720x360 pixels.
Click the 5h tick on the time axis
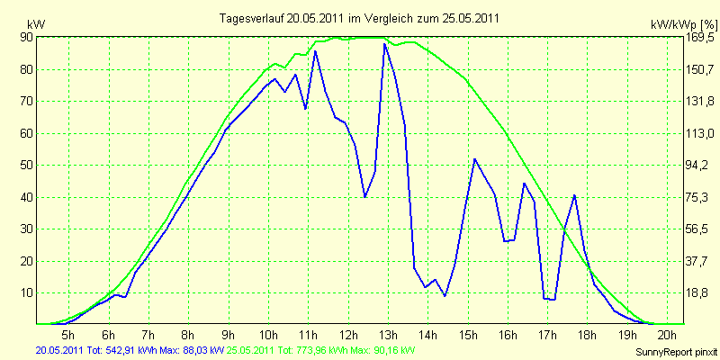[x=69, y=334]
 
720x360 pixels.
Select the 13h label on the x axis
[x=389, y=334]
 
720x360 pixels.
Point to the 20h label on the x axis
[x=668, y=334]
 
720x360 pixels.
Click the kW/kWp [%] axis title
[x=684, y=24]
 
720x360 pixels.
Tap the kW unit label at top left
[x=36, y=24]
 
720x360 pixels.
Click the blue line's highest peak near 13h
[x=384, y=44]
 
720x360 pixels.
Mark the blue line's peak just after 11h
[x=315, y=51]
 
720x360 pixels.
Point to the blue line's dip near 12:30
[x=364, y=196]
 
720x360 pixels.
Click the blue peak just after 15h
[x=474, y=159]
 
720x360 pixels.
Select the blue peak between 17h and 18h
[x=574, y=195]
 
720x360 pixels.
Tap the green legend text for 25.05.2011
[x=317, y=351]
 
